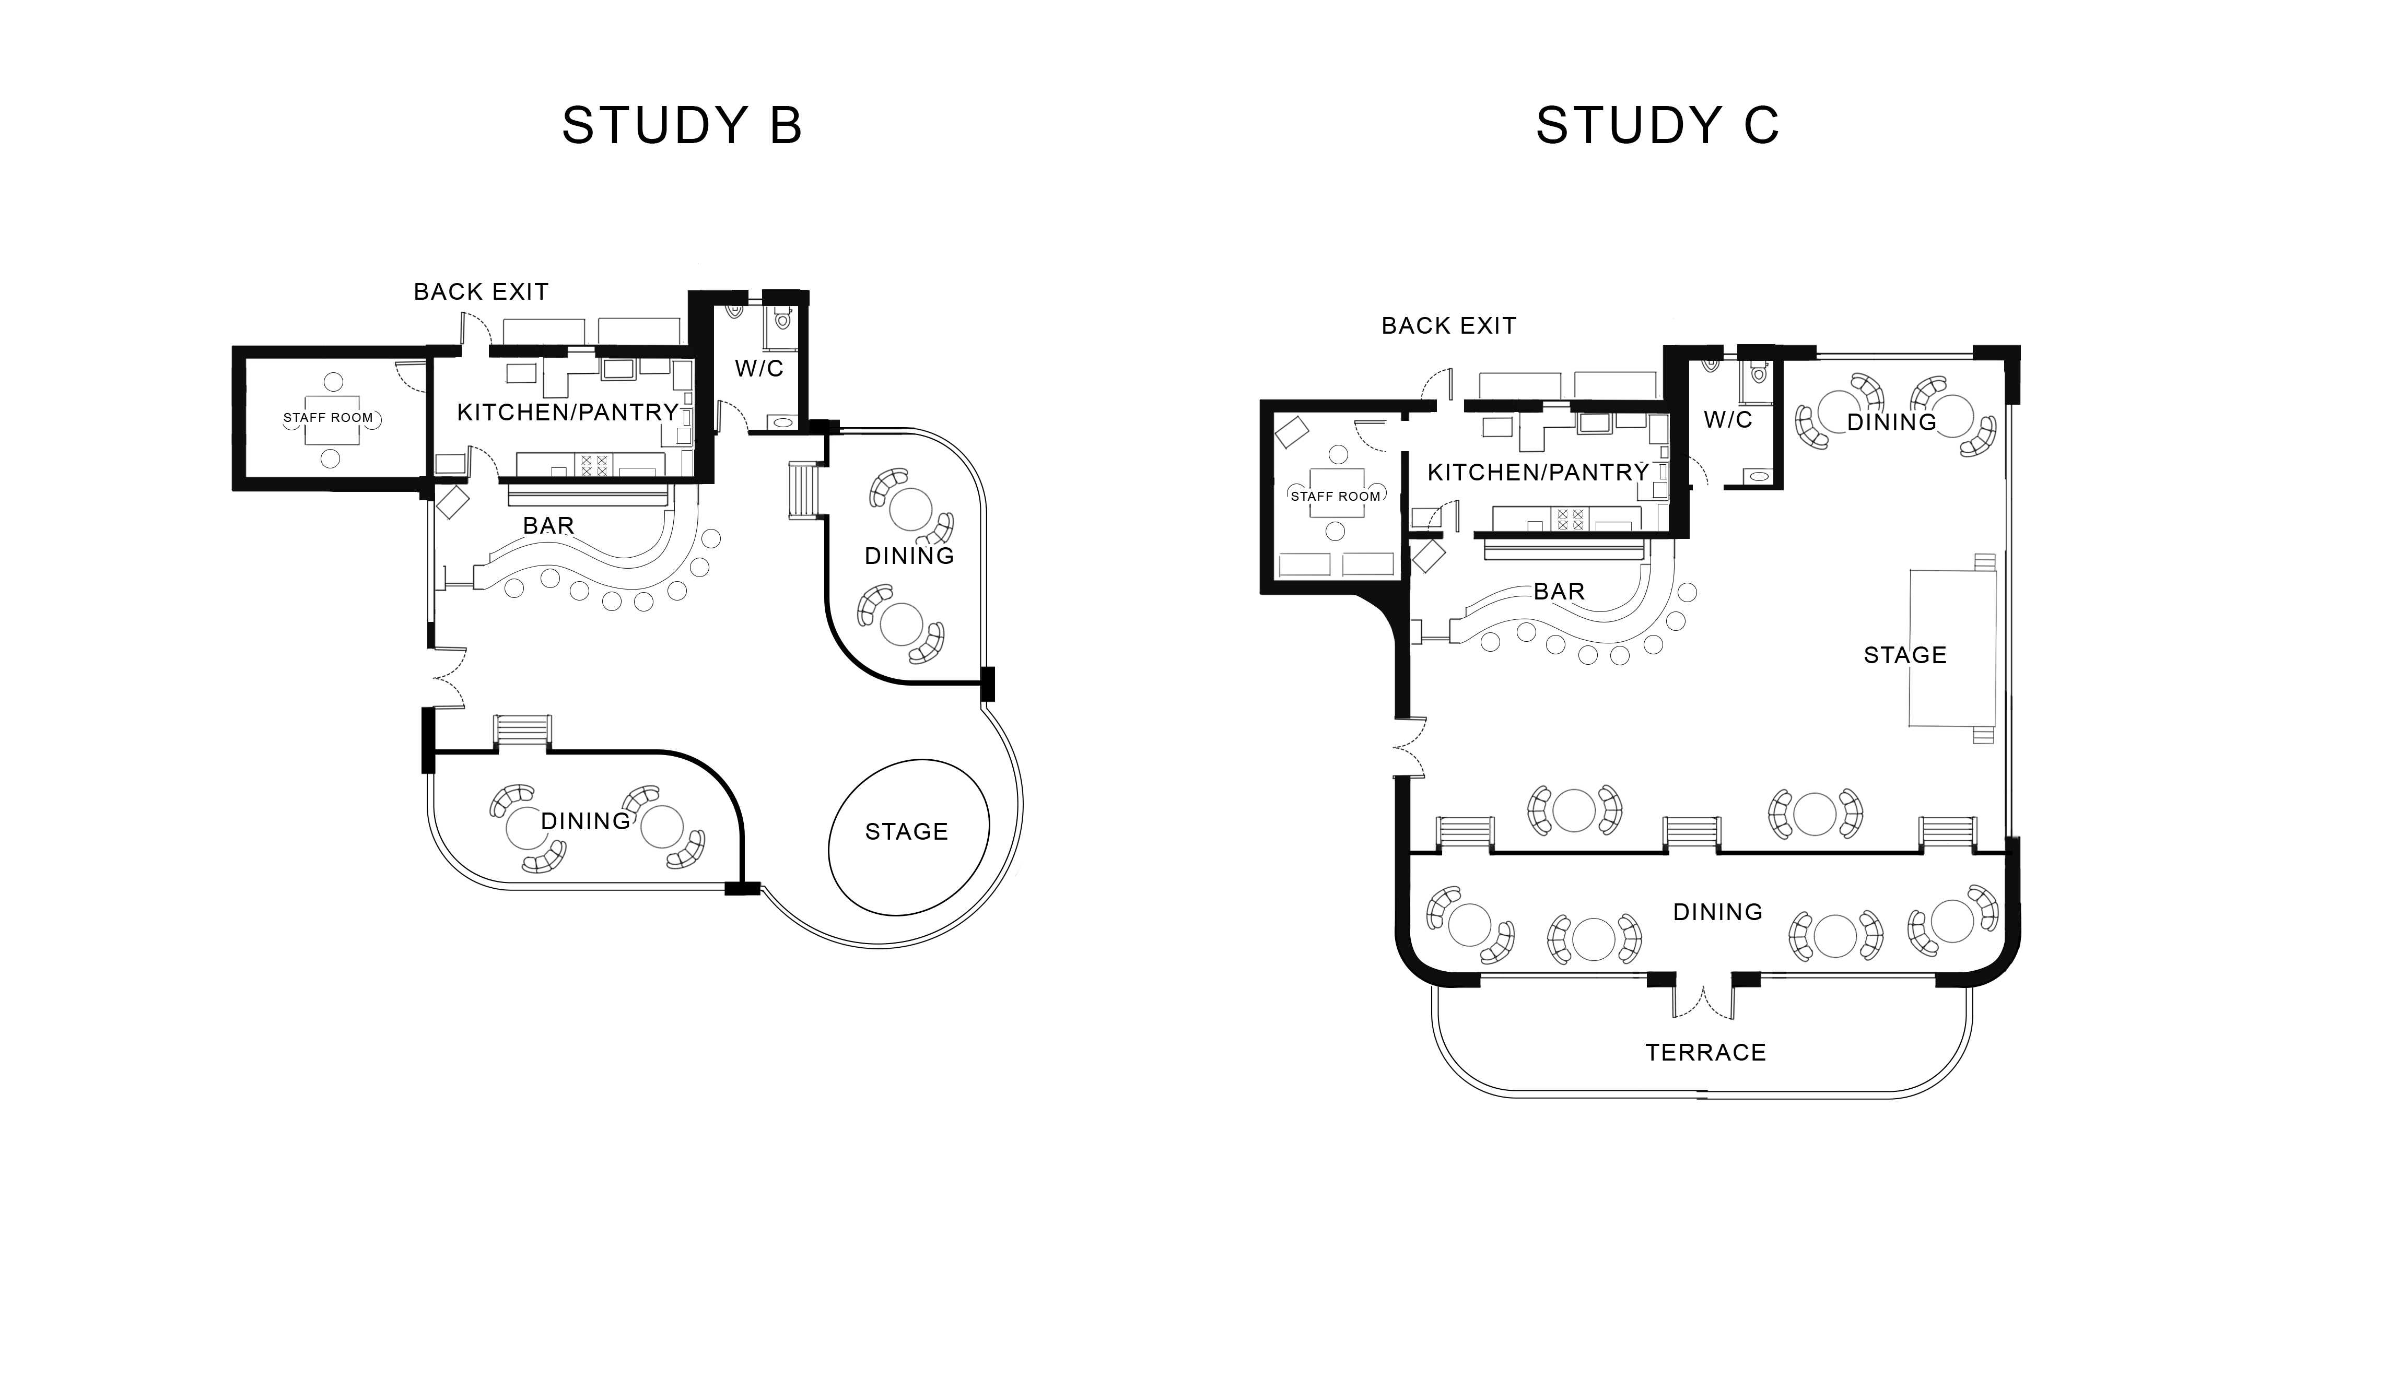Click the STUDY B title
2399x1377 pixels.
[x=682, y=125]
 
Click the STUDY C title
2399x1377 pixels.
[x=1657, y=125]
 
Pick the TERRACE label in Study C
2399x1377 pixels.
[x=1705, y=1053]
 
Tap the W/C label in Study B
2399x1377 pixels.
[x=759, y=368]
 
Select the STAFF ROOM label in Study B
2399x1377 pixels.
[x=328, y=417]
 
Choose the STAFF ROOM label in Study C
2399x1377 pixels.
[x=1336, y=496]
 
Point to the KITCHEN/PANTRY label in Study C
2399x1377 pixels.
[x=1538, y=472]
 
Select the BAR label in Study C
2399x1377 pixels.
[x=1559, y=591]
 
